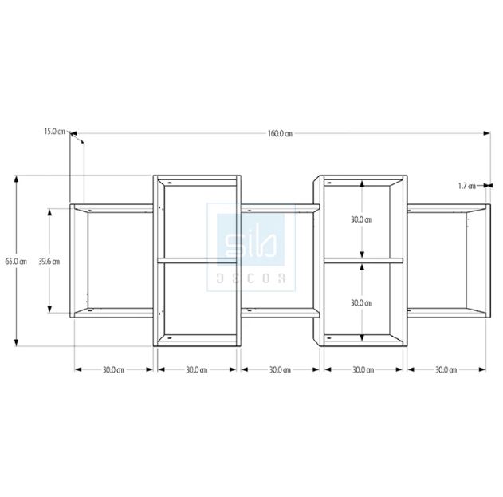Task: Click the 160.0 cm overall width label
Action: click(x=280, y=133)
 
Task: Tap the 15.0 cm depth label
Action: click(x=54, y=131)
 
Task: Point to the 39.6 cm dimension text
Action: click(x=49, y=261)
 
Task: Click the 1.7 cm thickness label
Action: click(x=466, y=186)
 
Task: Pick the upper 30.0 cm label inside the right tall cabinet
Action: click(x=361, y=219)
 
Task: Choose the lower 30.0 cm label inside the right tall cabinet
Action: click(x=361, y=303)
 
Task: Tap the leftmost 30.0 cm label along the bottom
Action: click(x=113, y=370)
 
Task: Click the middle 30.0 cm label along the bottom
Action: click(x=280, y=370)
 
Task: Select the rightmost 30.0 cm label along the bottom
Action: click(x=446, y=370)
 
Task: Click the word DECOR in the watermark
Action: click(x=251, y=278)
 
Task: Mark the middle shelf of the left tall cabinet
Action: click(x=196, y=260)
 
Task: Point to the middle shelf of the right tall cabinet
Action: click(x=363, y=260)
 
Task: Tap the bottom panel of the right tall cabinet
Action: click(x=363, y=341)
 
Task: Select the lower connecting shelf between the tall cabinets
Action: click(x=279, y=310)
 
